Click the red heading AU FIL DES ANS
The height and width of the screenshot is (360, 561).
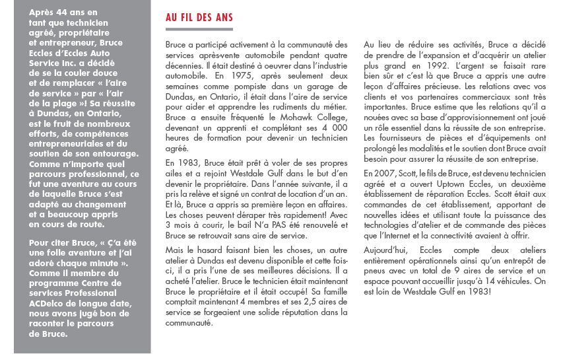pyautogui.click(x=199, y=18)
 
